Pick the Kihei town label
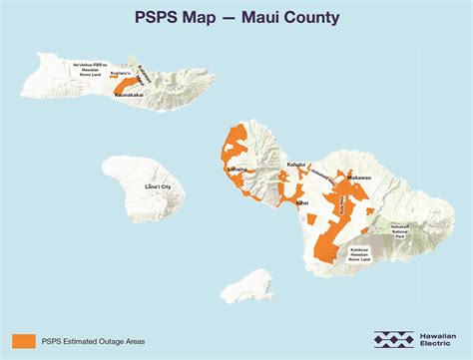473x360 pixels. click(x=302, y=202)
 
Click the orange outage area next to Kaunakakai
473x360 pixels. click(x=129, y=87)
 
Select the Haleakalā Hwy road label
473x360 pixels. click(x=322, y=177)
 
